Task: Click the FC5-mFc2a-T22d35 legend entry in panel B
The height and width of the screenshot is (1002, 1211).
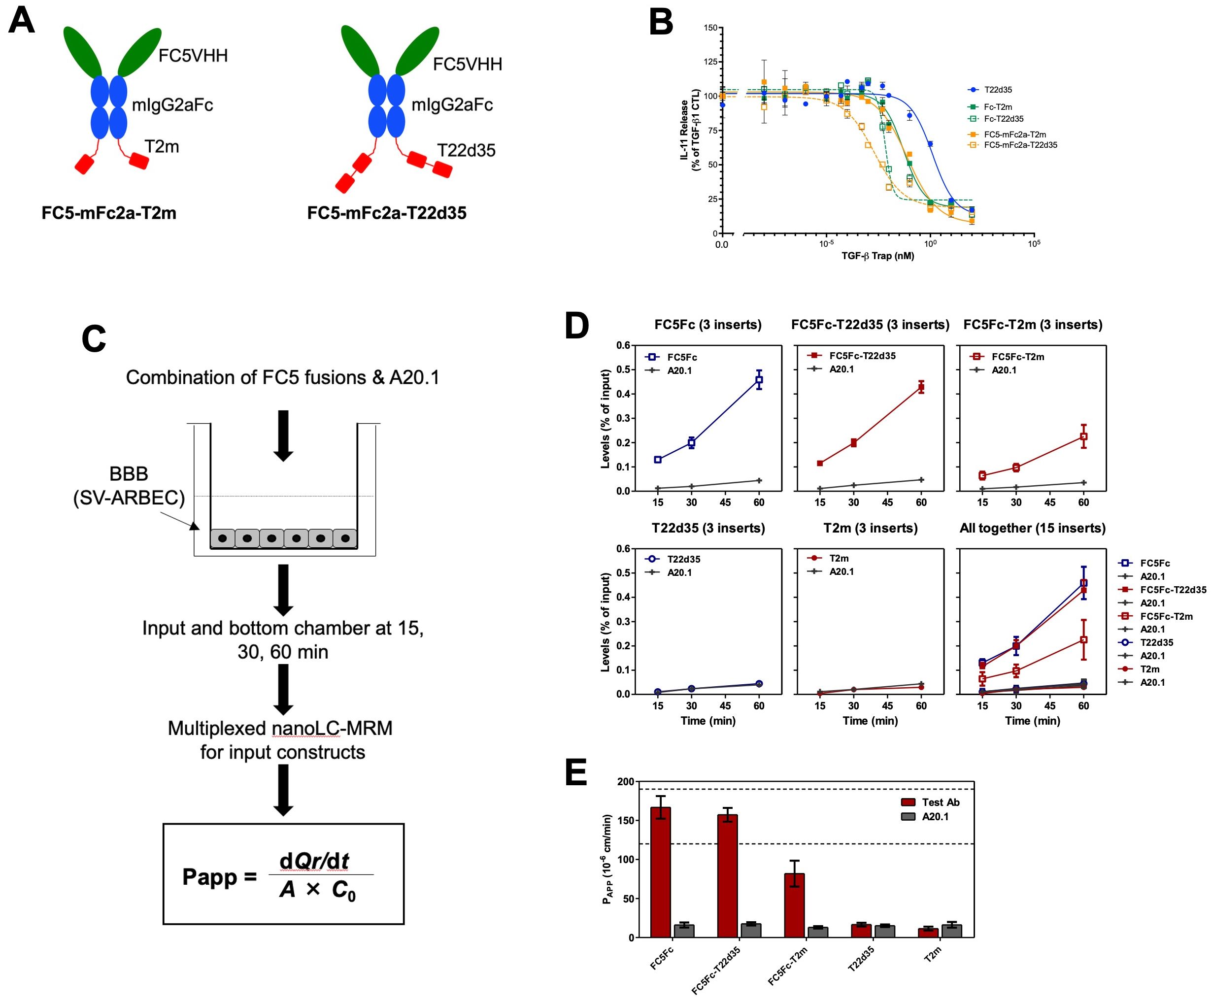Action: pos(1020,145)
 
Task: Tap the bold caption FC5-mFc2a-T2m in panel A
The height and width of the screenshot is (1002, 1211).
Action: pos(109,213)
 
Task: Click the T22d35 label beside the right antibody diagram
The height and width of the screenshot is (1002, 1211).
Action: pos(466,150)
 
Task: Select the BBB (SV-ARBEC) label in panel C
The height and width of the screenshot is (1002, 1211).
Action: pos(129,485)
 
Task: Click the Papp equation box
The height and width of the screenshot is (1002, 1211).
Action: pos(283,873)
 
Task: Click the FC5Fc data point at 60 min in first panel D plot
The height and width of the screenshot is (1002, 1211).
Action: pos(759,380)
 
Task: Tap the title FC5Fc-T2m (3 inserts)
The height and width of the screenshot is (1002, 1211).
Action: pos(1032,325)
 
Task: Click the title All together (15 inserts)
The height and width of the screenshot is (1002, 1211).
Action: pos(1032,528)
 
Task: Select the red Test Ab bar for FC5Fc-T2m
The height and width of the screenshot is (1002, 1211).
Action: pos(794,904)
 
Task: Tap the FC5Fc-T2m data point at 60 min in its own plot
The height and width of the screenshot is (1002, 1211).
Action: pos(1083,436)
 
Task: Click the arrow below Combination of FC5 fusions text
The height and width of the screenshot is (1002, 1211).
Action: pos(283,436)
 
